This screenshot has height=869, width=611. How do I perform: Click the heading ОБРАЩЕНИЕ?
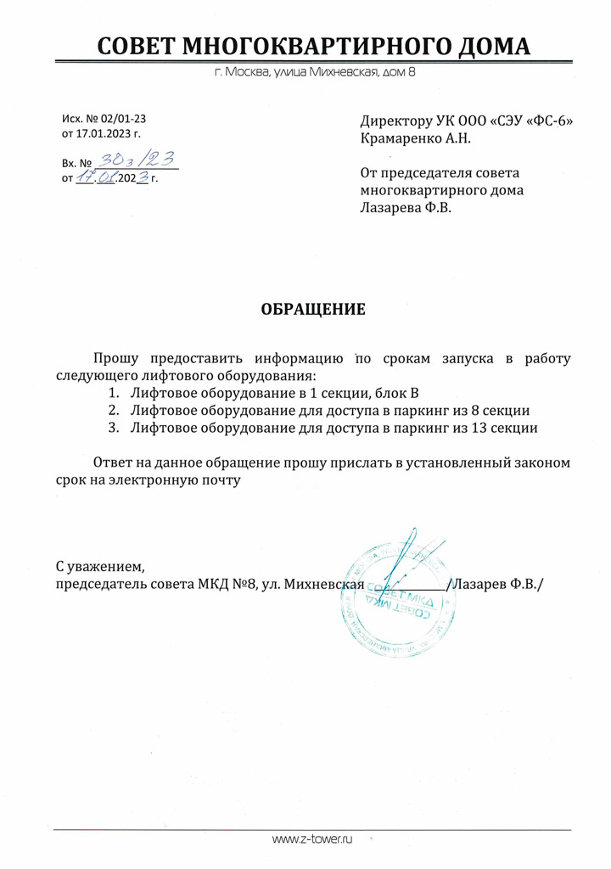pyautogui.click(x=312, y=309)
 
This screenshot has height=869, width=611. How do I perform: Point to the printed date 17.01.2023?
pyautogui.click(x=107, y=134)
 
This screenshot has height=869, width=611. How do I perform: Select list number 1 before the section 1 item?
pyautogui.click(x=113, y=393)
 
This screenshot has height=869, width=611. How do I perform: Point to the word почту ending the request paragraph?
pyautogui.click(x=220, y=480)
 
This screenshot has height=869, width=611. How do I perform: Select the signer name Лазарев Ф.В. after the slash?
pyautogui.click(x=500, y=584)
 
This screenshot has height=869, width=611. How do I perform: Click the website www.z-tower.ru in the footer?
pyautogui.click(x=311, y=839)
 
